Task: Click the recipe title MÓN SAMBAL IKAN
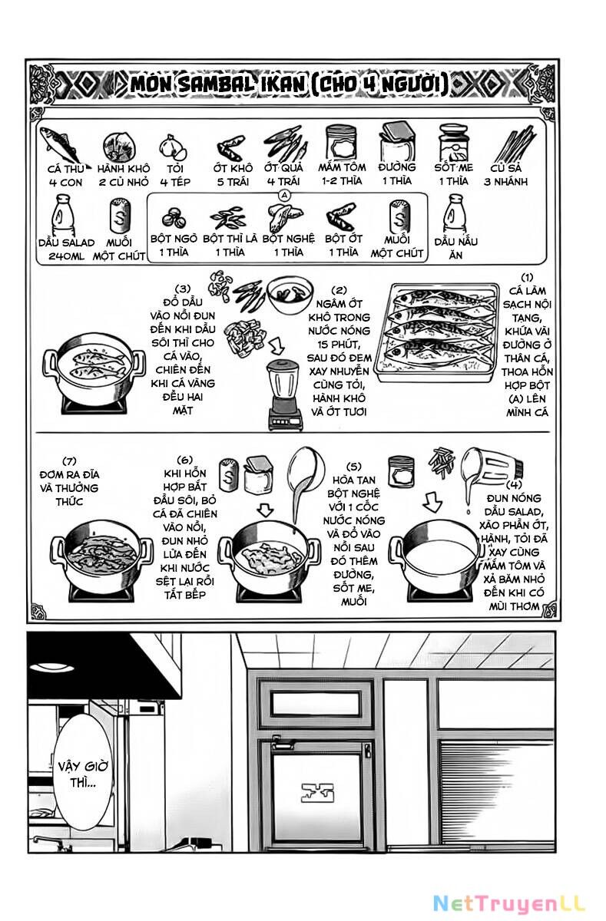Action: [288, 83]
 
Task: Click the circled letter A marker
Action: [284, 196]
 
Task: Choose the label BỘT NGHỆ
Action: [288, 238]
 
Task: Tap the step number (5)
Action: [353, 466]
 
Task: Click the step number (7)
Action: [70, 461]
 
